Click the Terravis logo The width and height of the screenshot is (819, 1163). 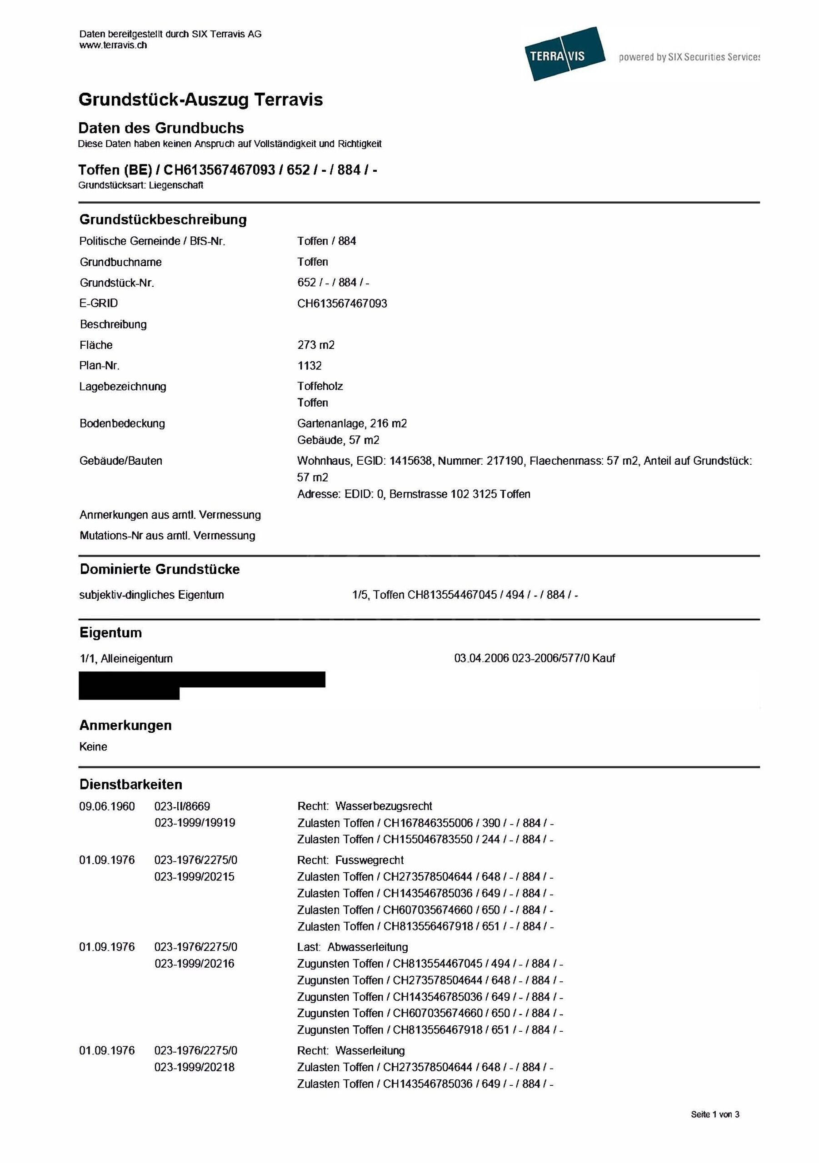(x=564, y=54)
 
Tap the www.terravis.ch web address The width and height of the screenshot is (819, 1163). (x=113, y=45)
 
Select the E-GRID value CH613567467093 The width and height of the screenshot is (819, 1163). (x=342, y=303)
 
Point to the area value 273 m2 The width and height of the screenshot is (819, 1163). (x=316, y=345)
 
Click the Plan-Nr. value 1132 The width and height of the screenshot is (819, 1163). (x=309, y=366)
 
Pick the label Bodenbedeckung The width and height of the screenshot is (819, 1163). (x=122, y=423)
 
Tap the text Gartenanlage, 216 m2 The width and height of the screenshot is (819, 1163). (x=352, y=423)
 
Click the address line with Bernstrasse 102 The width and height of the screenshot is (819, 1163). (x=414, y=494)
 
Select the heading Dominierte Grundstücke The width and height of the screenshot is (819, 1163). (x=160, y=569)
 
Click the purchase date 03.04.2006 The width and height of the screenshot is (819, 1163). (x=481, y=658)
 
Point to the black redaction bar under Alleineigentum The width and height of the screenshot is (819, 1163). (x=202, y=680)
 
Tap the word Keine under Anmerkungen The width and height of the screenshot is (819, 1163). (x=93, y=746)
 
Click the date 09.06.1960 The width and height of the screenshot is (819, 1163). (x=107, y=806)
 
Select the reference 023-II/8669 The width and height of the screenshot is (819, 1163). (x=182, y=806)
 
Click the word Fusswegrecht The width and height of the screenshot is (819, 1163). (x=370, y=860)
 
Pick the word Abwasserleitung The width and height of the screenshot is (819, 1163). (x=367, y=947)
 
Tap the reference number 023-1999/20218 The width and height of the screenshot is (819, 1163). (x=195, y=1067)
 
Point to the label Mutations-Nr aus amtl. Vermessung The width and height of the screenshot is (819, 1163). (x=167, y=536)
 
